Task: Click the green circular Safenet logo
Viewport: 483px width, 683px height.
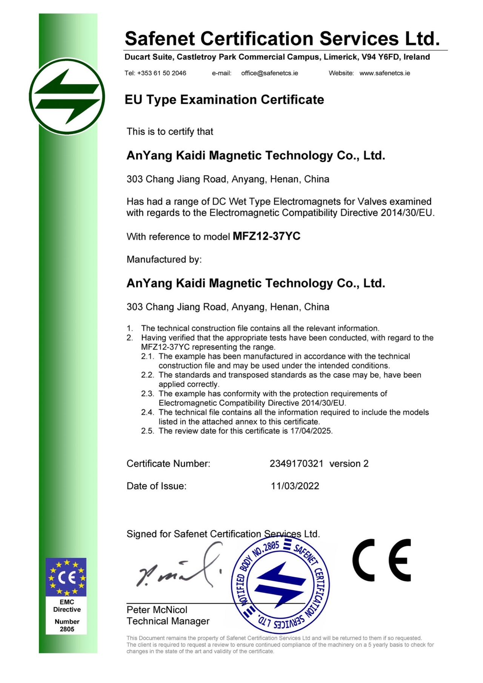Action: tap(67, 97)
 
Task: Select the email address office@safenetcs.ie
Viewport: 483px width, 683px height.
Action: tap(269, 73)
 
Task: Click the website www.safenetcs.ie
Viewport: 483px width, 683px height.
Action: tap(385, 73)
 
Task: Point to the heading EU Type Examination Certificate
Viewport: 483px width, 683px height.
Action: tap(224, 100)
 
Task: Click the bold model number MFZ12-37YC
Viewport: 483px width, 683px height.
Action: tap(266, 236)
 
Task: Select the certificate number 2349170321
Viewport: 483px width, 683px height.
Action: tap(296, 464)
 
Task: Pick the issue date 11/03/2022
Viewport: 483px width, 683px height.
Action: tap(295, 486)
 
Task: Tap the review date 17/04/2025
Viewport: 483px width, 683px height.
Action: tap(311, 431)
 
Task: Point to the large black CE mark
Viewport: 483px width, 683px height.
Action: tap(381, 560)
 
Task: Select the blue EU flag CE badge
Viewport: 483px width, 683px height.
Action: tap(66, 577)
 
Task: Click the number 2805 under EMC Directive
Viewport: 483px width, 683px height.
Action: tap(67, 629)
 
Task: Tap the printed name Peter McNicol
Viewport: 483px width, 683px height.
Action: tap(157, 610)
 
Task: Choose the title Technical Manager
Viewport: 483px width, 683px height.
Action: tap(168, 621)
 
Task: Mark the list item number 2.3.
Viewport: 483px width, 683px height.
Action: tap(148, 394)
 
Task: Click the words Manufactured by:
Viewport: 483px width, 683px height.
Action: tap(164, 259)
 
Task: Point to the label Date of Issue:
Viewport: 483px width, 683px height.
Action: tap(156, 486)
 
